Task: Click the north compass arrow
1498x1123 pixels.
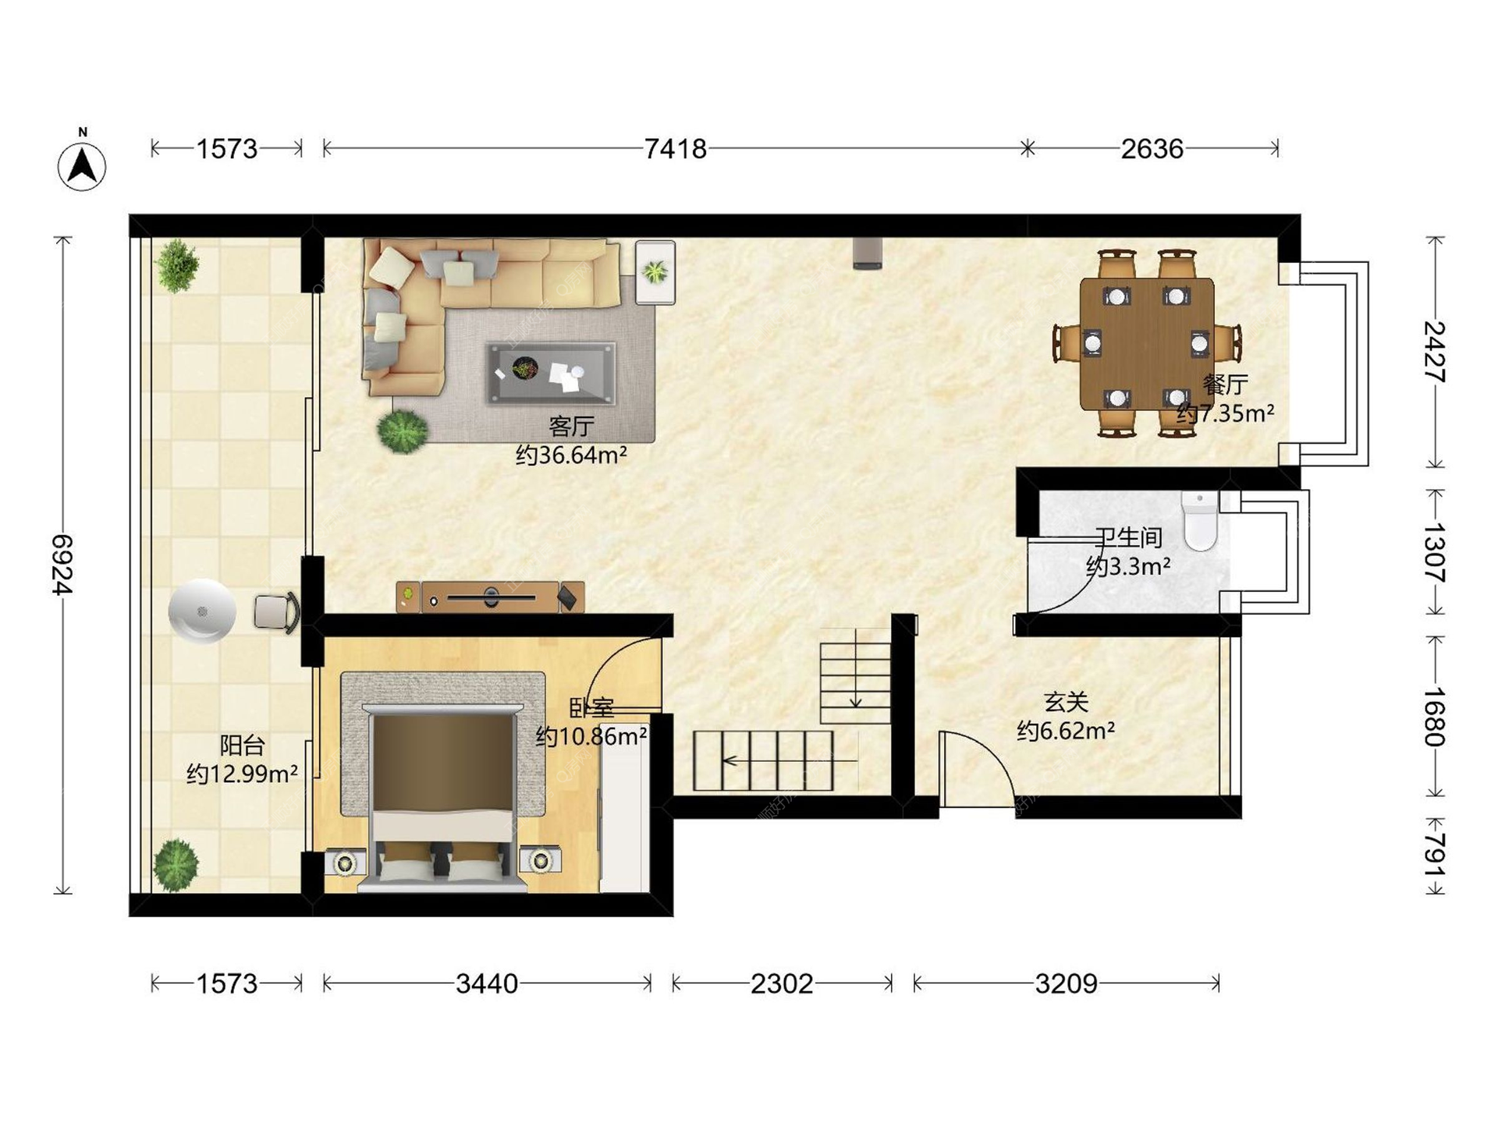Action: pos(82,165)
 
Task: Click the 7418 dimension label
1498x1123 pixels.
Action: pos(675,148)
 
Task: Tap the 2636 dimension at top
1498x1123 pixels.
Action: pos(1152,148)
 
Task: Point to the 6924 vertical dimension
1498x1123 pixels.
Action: pos(62,564)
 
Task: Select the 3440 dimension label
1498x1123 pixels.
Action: pos(487,984)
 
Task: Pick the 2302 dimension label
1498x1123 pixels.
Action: pos(782,984)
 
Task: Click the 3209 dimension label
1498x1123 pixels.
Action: pos(1066,984)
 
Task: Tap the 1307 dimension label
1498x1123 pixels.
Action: pos(1434,552)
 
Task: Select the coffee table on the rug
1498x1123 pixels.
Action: pos(551,373)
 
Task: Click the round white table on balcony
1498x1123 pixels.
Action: pos(202,611)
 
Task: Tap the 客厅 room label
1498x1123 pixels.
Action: pos(571,426)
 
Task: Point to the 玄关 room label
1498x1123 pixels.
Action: pos(1066,702)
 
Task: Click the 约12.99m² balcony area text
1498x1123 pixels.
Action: pos(242,774)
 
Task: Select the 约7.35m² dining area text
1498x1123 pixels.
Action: pos(1225,413)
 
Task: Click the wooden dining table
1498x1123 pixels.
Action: pos(1146,344)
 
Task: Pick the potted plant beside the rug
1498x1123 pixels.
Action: pos(403,430)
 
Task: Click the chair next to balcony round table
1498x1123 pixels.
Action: pos(276,612)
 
